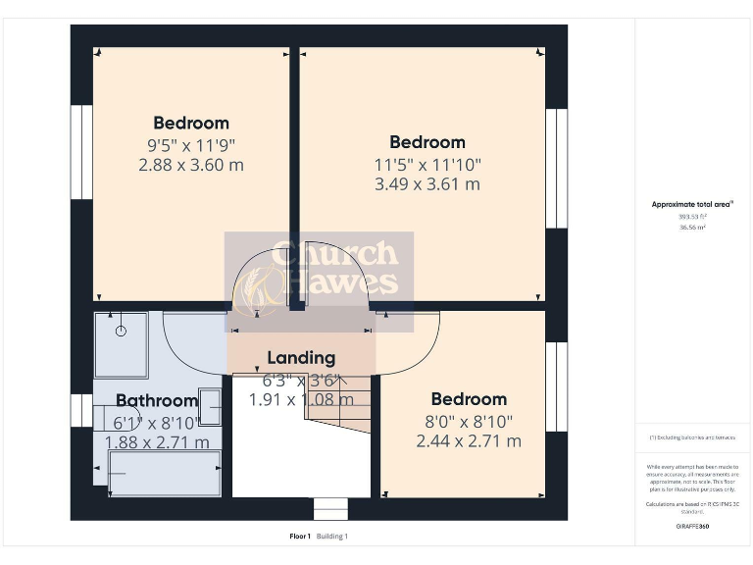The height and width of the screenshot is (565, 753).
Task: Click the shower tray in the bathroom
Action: pos(121,344)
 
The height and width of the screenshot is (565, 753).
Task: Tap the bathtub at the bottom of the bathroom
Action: pos(151,473)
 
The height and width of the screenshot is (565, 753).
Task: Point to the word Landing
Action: pos(301,358)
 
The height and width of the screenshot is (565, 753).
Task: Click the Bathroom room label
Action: pos(157,400)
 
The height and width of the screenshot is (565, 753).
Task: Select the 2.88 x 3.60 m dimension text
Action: pos(190,165)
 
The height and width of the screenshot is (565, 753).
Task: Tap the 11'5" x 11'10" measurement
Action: pos(427,163)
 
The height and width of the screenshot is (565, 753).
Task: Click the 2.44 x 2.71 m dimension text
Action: pos(468,441)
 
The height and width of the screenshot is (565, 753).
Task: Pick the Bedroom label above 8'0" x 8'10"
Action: pos(469,399)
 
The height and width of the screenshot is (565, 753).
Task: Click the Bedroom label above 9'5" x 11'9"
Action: pos(191,123)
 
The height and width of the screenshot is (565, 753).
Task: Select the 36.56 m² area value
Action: pos(692,227)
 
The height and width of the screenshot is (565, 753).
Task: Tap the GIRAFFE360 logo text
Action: pos(692,527)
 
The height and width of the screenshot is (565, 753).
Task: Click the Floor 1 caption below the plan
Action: pos(300,536)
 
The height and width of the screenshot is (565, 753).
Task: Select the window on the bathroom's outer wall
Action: pos(75,410)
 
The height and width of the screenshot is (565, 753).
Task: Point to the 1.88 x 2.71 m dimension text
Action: pos(157,442)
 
